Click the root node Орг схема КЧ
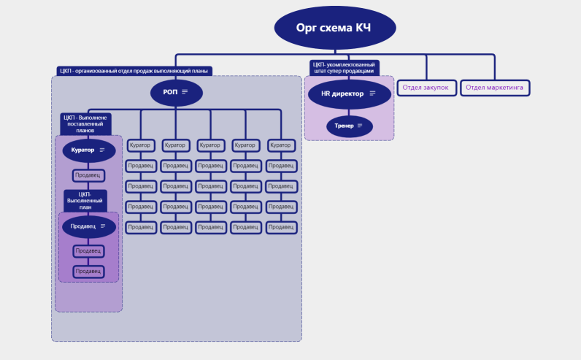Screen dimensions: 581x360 pyautogui.click(x=335, y=28)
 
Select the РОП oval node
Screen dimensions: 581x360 pyautogui.click(x=177, y=92)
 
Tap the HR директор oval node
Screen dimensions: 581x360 pyautogui.click(x=349, y=94)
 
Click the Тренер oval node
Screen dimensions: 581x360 pyautogui.click(x=350, y=126)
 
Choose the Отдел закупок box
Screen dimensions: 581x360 pyautogui.click(x=426, y=88)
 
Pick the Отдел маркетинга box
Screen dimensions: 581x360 pyautogui.click(x=495, y=88)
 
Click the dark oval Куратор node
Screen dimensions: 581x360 pyautogui.click(x=89, y=150)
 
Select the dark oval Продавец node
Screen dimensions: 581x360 pyautogui.click(x=89, y=226)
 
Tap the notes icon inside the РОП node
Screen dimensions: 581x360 pyautogui.click(x=185, y=92)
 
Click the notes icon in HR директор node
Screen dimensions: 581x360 pyautogui.click(x=372, y=93)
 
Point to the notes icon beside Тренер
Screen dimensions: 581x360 pyautogui.click(x=360, y=126)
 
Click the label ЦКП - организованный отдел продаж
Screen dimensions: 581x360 pyautogui.click(x=134, y=71)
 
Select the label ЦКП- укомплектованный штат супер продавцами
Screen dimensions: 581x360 pyautogui.click(x=345, y=68)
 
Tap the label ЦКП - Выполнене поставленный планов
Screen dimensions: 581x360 pyautogui.click(x=85, y=124)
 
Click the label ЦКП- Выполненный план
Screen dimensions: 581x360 pyautogui.click(x=85, y=201)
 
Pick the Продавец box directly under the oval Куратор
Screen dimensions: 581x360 pyautogui.click(x=88, y=175)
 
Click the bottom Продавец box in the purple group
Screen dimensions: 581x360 pyautogui.click(x=88, y=272)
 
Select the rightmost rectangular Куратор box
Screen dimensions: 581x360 pyautogui.click(x=281, y=145)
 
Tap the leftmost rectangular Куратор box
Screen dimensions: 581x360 pyautogui.click(x=140, y=145)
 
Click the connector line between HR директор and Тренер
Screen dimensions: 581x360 pyautogui.click(x=349, y=112)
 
